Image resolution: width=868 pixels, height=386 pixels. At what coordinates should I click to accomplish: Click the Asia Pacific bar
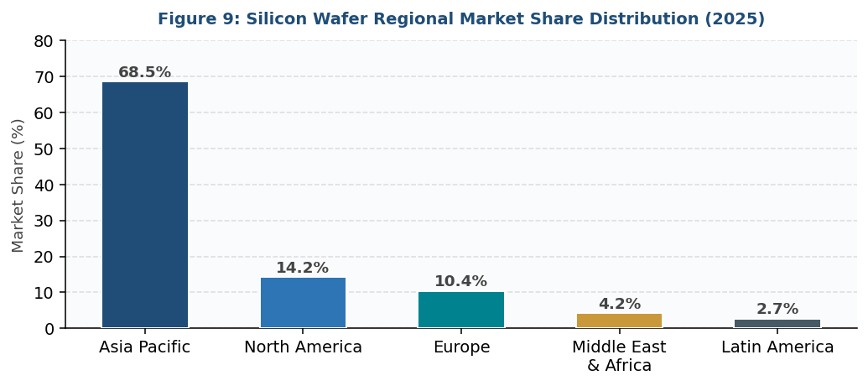click(x=145, y=205)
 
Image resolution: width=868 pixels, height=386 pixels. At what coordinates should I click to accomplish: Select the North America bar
click(x=303, y=302)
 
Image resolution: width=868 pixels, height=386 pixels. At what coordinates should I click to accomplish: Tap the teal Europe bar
click(x=461, y=310)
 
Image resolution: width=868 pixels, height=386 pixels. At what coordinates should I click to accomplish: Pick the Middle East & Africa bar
click(x=619, y=321)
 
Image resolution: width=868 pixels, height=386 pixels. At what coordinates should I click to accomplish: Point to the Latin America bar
click(x=777, y=323)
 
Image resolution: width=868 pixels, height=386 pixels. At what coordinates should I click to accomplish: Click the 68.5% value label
click(x=144, y=73)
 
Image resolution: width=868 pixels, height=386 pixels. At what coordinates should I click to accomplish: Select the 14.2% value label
click(x=303, y=269)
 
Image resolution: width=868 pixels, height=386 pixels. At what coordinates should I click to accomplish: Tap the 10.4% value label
click(x=460, y=282)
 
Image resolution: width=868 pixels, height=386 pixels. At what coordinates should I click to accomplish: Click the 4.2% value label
click(x=619, y=305)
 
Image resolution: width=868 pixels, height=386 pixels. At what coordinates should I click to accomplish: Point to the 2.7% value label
click(x=777, y=310)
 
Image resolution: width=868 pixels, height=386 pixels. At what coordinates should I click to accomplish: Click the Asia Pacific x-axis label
click(x=144, y=347)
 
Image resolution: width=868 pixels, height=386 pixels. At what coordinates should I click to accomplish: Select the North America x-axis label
click(x=303, y=347)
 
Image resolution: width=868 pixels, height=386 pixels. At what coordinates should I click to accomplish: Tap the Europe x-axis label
click(x=461, y=347)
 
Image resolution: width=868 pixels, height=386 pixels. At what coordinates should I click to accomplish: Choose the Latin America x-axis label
click(x=777, y=347)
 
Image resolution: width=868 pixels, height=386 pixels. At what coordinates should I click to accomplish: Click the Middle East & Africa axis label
click(x=619, y=357)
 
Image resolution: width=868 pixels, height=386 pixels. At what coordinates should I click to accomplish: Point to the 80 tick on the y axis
click(x=44, y=41)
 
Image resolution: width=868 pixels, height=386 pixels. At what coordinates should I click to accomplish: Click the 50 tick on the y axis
click(x=44, y=149)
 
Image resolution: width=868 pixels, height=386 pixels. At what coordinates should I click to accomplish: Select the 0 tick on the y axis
click(x=49, y=329)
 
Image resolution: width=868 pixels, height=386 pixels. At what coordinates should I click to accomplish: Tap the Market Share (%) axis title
click(x=18, y=185)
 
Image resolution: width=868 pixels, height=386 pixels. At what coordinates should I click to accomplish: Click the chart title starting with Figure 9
click(x=461, y=19)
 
